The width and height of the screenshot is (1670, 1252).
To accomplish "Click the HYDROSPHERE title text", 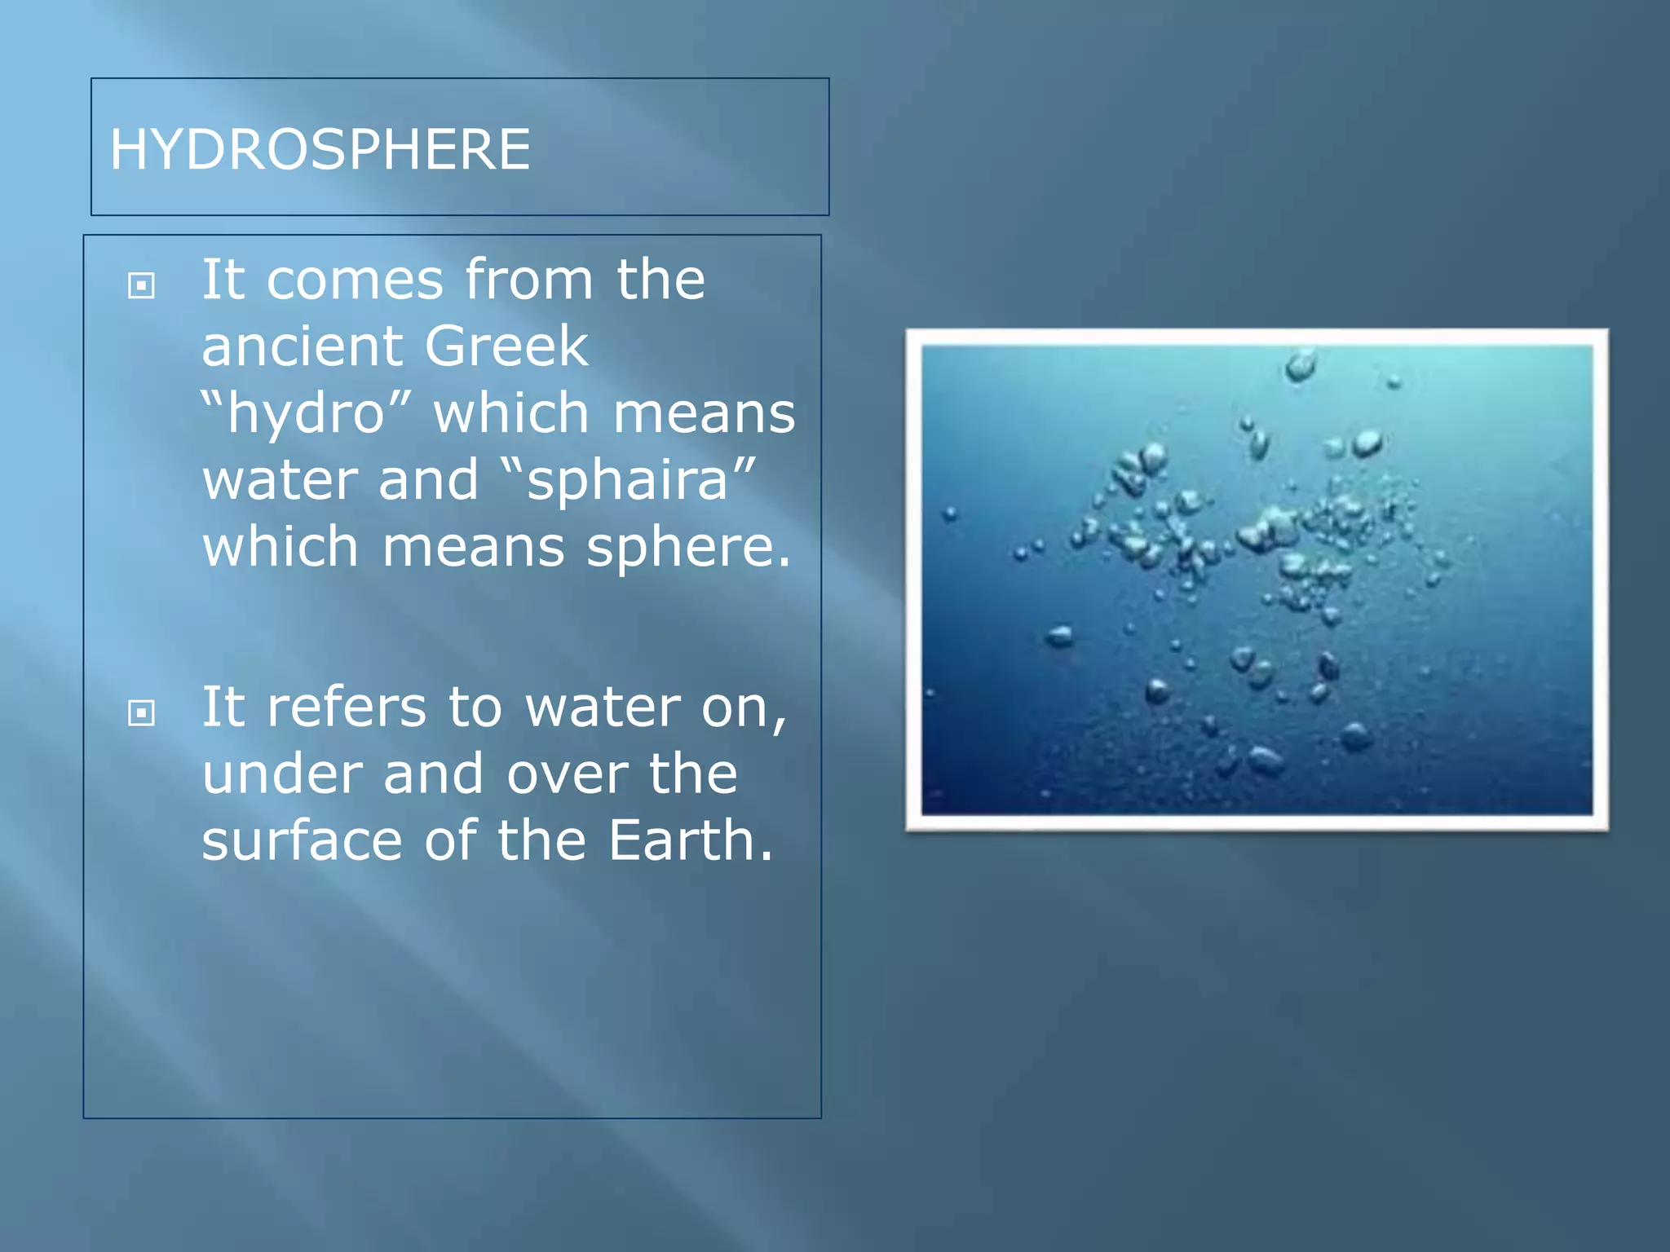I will (320, 149).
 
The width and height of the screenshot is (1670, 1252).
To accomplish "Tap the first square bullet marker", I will (142, 285).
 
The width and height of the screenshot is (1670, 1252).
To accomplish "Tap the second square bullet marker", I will (142, 713).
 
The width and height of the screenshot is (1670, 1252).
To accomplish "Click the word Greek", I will (506, 346).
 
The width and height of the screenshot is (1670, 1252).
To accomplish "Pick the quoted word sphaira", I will (627, 480).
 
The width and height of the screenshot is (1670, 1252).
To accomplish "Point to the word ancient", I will (301, 346).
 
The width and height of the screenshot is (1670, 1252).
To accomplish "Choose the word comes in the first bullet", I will (355, 280).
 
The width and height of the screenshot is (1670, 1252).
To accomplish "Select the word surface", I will (302, 840).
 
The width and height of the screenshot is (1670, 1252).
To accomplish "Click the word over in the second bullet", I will (567, 776).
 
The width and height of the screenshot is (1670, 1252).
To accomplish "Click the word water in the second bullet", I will (603, 708).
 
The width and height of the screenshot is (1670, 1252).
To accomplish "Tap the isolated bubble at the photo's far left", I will (950, 514).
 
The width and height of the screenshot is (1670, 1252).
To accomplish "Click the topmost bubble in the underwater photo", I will (1301, 364).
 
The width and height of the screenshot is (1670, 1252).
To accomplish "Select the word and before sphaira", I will (428, 479).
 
